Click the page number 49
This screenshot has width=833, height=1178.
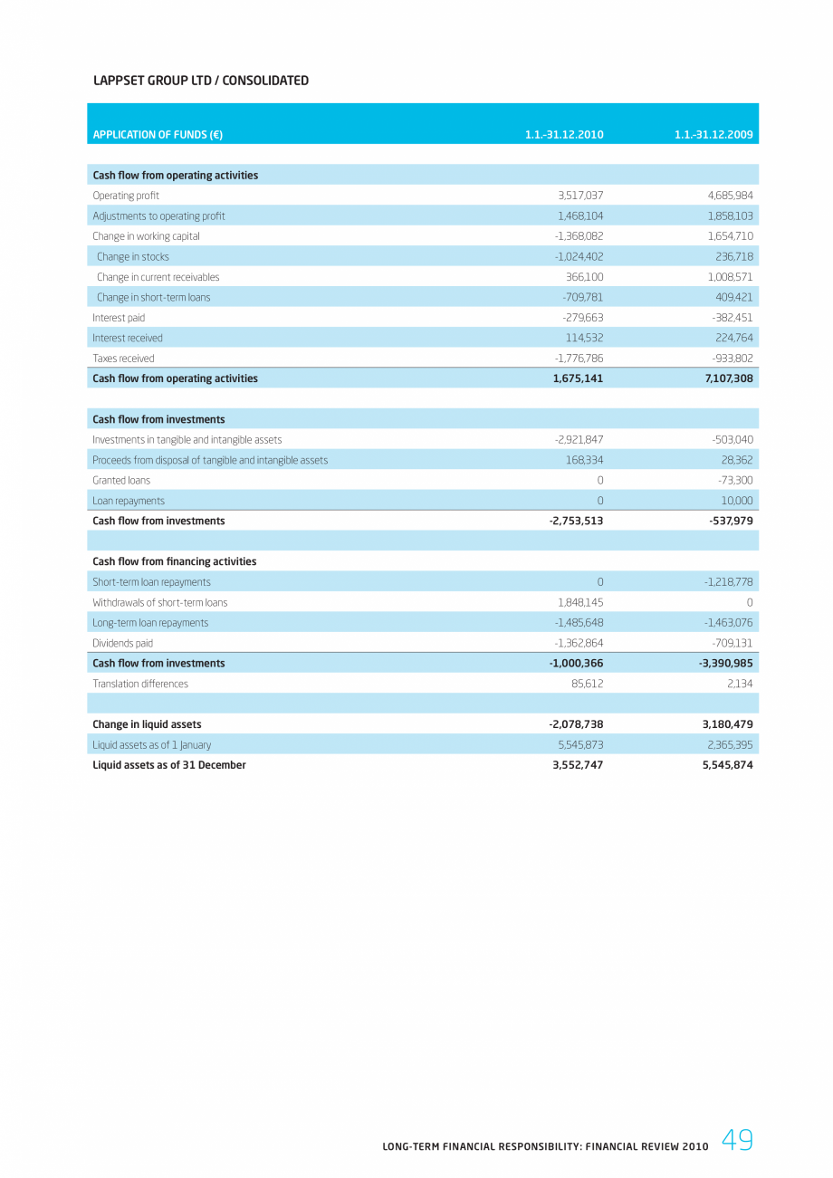click(737, 1141)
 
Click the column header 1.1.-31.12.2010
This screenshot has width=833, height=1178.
click(564, 135)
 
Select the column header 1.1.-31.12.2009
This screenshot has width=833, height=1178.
click(713, 135)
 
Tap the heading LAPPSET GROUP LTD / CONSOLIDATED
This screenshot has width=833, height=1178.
click(201, 81)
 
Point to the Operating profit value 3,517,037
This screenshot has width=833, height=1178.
click(580, 196)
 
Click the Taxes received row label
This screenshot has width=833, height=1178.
click(123, 359)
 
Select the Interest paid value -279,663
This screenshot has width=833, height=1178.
click(582, 318)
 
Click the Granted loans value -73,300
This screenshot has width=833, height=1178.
click(732, 481)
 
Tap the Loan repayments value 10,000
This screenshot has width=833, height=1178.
click(734, 501)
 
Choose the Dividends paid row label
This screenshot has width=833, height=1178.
click(122, 644)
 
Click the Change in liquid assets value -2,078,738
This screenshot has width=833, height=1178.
click(577, 724)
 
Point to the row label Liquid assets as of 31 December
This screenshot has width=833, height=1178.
click(168, 765)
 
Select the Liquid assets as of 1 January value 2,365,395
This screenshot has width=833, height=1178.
click(728, 745)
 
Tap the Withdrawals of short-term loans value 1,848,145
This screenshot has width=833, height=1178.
click(580, 603)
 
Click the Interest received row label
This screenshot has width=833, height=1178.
click(128, 338)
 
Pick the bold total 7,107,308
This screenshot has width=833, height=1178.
click(729, 378)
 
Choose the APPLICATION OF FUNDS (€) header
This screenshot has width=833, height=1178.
click(158, 135)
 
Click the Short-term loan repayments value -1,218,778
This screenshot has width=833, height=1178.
click(729, 582)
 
